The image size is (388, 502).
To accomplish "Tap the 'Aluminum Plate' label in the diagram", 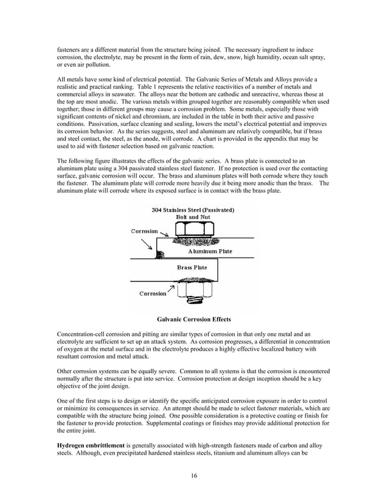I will pyautogui.click(x=210, y=251).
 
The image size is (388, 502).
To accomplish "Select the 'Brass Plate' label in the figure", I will pyautogui.click(x=192, y=267).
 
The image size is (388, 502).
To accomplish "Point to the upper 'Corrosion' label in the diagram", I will pyautogui.click(x=145, y=232).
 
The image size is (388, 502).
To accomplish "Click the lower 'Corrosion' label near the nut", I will pyautogui.click(x=153, y=294).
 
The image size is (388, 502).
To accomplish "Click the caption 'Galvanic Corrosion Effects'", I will pyautogui.click(x=193, y=319).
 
